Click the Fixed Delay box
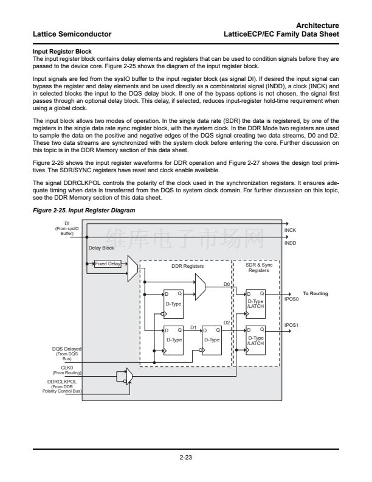coord(108,264)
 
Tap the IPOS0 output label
coord(292,299)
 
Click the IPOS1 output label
coord(292,325)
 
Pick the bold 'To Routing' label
coord(315,293)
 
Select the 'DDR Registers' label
coord(187,266)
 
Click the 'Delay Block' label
coord(101,248)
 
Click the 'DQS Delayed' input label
coord(67,349)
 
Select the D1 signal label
coord(193,327)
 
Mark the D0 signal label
coord(227,284)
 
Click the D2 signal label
coord(227,322)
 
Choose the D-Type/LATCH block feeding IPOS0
coord(256,302)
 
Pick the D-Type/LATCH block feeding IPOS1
coord(256,338)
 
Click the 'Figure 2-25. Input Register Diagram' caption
coord(83,210)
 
